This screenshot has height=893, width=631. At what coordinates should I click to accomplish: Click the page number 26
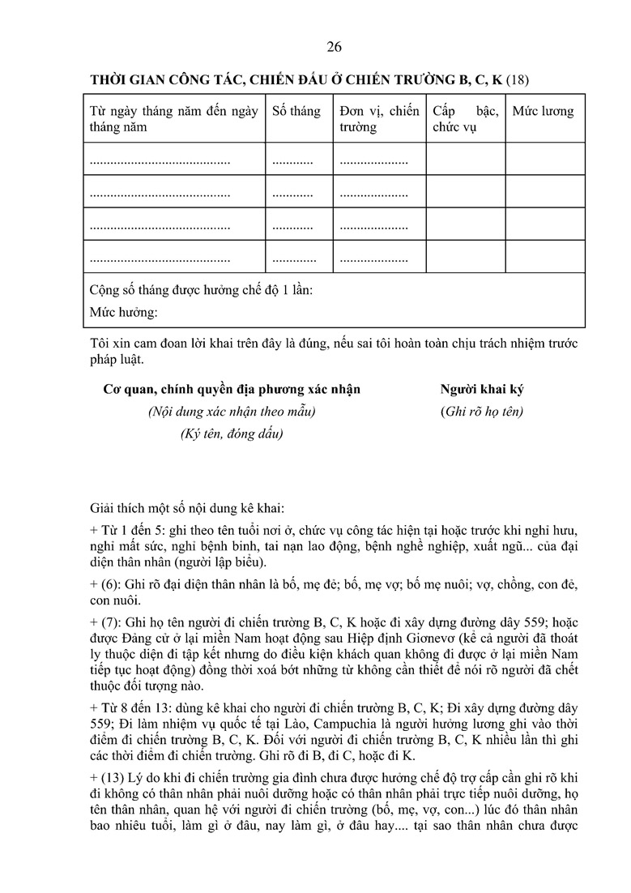pyautogui.click(x=334, y=47)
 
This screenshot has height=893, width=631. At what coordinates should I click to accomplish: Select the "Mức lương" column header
pyautogui.click(x=543, y=111)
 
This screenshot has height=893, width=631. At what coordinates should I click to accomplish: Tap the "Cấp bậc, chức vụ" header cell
pyautogui.click(x=465, y=118)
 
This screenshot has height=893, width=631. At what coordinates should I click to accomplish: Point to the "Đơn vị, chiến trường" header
pyautogui.click(x=379, y=118)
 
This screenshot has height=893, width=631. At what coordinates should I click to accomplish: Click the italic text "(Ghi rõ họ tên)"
pyautogui.click(x=482, y=411)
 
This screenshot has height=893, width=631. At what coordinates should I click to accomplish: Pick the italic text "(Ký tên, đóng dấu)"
pyautogui.click(x=232, y=434)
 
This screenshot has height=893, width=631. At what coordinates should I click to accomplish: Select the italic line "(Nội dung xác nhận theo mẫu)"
pyautogui.click(x=232, y=411)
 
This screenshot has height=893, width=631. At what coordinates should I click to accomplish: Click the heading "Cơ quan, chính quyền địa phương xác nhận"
pyautogui.click(x=232, y=389)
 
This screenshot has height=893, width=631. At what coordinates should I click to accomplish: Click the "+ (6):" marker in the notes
pyautogui.click(x=108, y=584)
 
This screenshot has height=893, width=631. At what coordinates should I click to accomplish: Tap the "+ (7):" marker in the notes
pyautogui.click(x=108, y=623)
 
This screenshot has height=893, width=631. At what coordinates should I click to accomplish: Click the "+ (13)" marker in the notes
pyautogui.click(x=110, y=777)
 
